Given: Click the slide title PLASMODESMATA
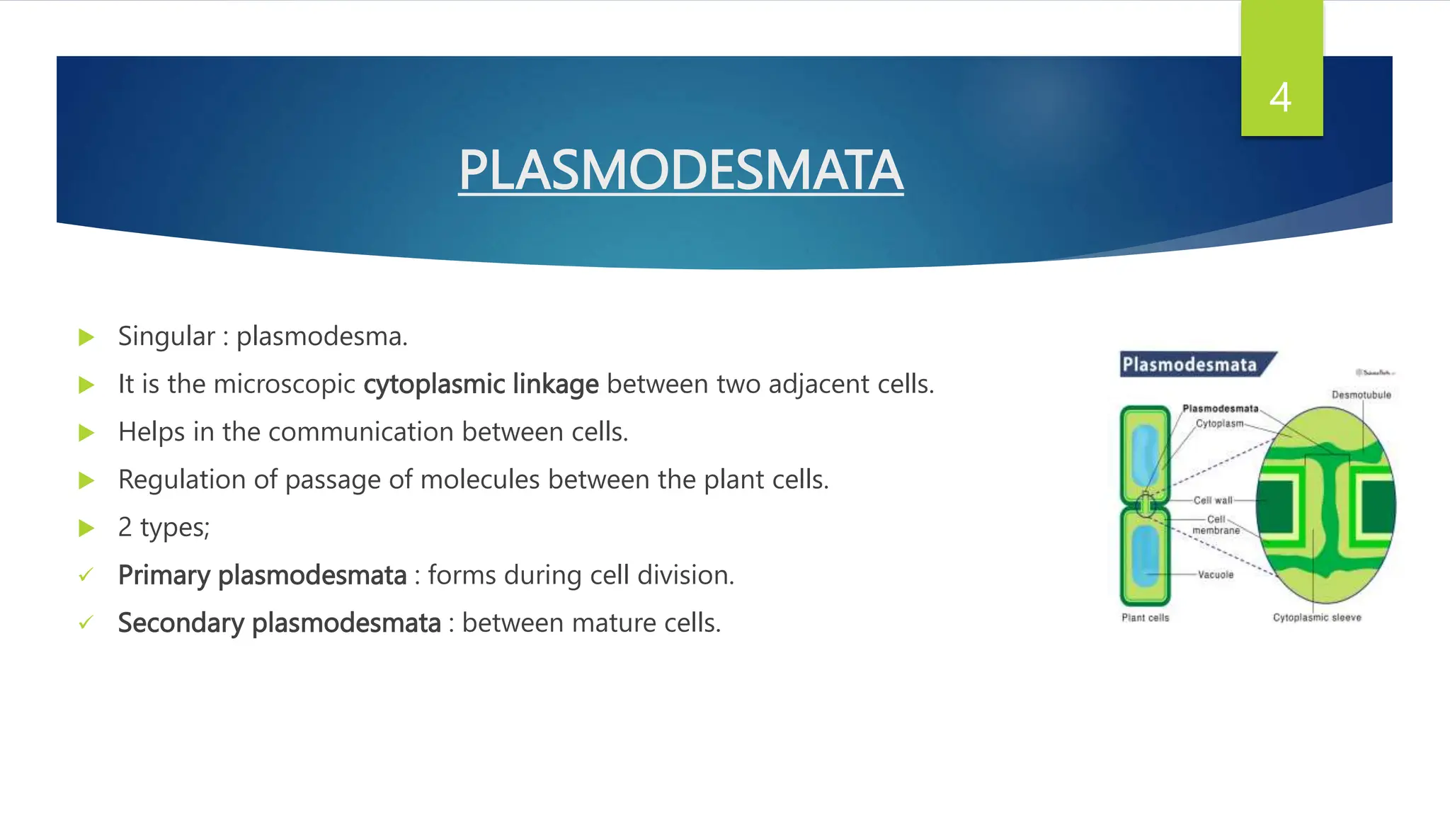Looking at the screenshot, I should point(680,170).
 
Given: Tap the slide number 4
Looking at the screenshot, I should point(1280,98).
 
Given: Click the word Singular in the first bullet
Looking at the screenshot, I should point(166,336).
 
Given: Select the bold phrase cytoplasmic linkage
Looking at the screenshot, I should point(481,384).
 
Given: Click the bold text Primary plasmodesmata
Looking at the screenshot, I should point(262,575).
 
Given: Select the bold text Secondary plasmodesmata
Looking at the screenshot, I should point(279,623).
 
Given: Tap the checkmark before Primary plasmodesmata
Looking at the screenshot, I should point(86,575).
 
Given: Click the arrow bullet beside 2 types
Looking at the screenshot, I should point(86,528).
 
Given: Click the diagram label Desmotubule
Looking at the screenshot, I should point(1361,395).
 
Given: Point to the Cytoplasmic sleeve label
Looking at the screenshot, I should point(1316,618).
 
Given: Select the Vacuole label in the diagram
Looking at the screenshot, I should point(1215,574).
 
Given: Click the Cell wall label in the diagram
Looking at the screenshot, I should point(1212,500).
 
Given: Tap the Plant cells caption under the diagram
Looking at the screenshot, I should point(1145,618).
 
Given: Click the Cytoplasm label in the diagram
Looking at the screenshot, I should point(1219,424).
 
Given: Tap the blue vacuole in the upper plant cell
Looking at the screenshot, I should point(1143,453).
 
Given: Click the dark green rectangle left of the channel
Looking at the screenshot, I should point(1274,506).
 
